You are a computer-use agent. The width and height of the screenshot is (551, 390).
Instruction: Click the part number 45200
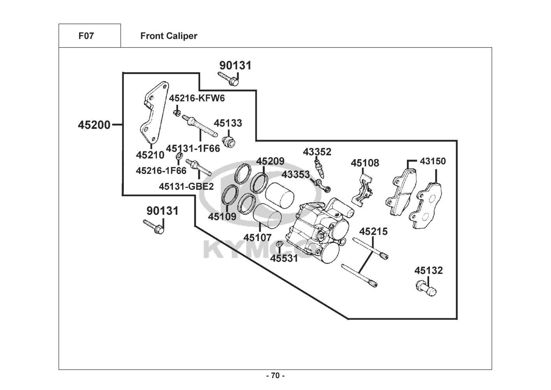tap(94, 125)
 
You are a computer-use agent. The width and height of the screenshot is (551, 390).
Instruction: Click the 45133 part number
tap(228, 123)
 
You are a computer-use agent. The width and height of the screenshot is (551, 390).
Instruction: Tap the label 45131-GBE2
tap(186, 186)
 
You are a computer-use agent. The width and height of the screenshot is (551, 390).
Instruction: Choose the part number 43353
tap(296, 174)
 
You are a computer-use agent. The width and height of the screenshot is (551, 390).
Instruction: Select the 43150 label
tap(433, 161)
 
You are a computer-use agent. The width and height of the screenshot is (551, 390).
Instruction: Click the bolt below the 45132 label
tap(426, 289)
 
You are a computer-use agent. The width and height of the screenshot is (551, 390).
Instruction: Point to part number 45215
tap(373, 232)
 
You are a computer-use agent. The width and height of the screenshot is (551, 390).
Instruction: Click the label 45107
tap(257, 237)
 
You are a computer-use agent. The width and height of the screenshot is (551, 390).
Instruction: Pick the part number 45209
tap(270, 161)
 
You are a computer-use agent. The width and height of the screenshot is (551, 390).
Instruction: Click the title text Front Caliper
tap(169, 36)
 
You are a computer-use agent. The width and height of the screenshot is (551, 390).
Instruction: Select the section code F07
tap(86, 36)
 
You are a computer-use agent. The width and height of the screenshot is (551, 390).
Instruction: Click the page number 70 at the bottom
tap(275, 376)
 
